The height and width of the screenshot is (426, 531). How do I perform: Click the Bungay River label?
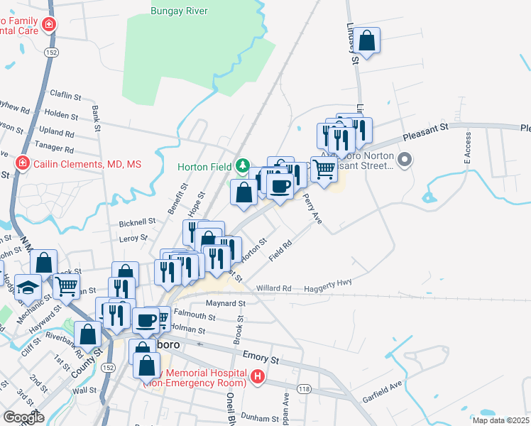(180, 11)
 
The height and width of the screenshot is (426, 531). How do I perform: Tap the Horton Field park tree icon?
(243, 166)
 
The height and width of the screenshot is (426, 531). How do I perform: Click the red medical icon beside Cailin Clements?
(22, 163)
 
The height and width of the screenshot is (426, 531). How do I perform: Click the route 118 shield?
(304, 390)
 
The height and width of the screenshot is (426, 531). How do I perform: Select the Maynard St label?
(226, 302)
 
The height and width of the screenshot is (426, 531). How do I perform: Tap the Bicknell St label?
(137, 222)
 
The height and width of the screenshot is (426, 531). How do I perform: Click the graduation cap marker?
(28, 286)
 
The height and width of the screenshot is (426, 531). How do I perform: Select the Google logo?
(24, 417)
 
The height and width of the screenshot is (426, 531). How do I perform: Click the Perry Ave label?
(313, 209)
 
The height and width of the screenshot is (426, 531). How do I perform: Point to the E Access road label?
(468, 148)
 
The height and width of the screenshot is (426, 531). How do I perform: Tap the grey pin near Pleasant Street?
(405, 160)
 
